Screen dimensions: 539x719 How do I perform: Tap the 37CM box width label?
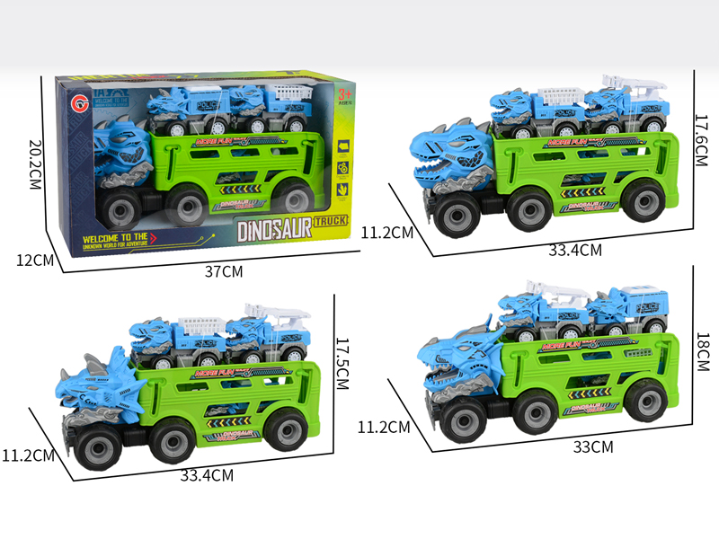[223, 270]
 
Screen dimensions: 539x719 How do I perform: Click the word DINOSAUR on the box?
[274, 229]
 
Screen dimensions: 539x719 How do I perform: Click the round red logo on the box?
[71, 97]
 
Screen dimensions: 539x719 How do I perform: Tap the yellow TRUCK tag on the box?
[335, 219]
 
